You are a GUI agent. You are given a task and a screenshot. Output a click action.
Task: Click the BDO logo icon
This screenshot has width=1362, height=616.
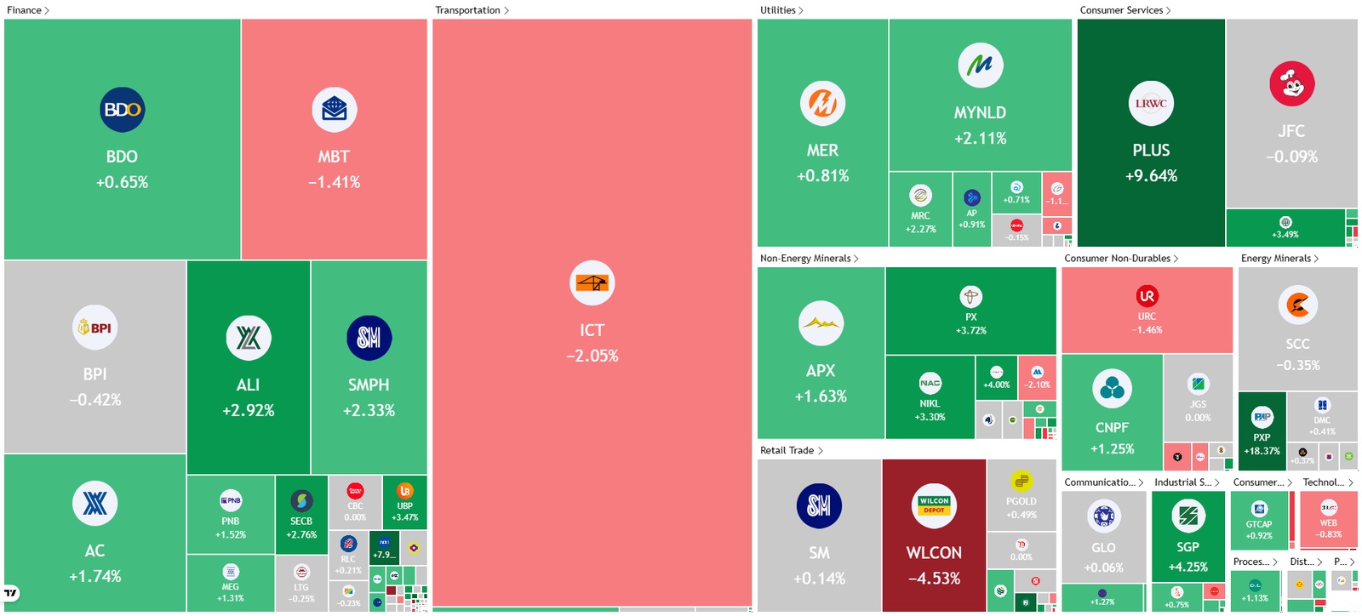point(122,110)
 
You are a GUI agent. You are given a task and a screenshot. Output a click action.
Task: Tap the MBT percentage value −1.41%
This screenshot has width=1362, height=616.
point(334,182)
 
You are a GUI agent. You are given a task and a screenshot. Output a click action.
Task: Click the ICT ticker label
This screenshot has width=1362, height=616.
point(592,330)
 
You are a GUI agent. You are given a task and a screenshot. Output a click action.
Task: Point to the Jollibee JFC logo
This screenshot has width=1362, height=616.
point(1291,83)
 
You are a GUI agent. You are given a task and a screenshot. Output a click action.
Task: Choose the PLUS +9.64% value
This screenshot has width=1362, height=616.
point(1151,176)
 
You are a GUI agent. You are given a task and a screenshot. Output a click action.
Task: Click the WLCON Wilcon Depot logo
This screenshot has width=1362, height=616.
point(934,505)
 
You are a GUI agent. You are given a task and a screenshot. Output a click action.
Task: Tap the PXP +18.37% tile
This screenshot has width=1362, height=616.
point(1262,434)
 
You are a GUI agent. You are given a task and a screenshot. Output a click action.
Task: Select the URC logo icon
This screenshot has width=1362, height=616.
point(1147,296)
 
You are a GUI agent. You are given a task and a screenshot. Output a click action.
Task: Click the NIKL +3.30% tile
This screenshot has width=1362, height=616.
point(930,397)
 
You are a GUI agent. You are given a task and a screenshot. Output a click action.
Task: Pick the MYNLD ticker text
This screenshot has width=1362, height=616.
point(980,112)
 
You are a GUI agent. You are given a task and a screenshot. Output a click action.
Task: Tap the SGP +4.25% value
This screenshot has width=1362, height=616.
point(1187,567)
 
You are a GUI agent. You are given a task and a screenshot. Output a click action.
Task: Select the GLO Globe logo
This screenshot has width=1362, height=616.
point(1103,516)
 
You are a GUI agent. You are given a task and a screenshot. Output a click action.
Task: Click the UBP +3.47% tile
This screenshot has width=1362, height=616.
point(405,503)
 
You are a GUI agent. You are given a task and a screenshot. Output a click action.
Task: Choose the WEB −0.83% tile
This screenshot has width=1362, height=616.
point(1328,519)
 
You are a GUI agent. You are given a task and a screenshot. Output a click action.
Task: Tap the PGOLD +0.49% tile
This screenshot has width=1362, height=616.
point(1021,495)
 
